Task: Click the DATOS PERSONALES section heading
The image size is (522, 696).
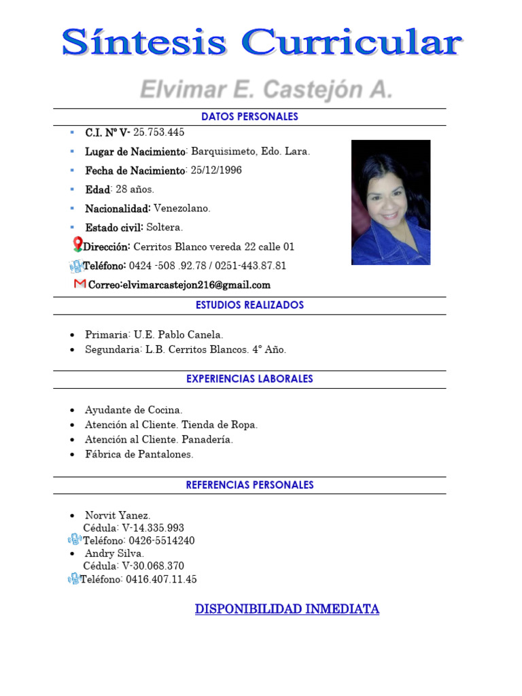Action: tap(249, 117)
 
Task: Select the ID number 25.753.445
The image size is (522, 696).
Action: tap(158, 132)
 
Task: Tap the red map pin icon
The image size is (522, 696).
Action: tap(77, 245)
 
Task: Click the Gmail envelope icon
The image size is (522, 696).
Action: tap(80, 284)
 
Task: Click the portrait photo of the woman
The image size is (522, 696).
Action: tap(390, 202)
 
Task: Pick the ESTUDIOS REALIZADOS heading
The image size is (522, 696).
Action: tap(249, 305)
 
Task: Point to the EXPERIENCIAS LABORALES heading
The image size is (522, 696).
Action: tap(249, 379)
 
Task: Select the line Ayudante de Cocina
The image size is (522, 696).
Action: tap(133, 410)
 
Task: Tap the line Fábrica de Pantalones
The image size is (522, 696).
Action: tap(139, 454)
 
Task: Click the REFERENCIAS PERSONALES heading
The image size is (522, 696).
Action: tap(249, 485)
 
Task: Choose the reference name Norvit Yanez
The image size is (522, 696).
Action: tap(118, 515)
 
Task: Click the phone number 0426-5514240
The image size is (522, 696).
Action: tap(161, 541)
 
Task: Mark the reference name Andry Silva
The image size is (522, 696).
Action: tap(114, 553)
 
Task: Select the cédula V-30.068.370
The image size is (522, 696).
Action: tap(153, 566)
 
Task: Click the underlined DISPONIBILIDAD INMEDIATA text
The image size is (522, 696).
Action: tap(287, 609)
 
